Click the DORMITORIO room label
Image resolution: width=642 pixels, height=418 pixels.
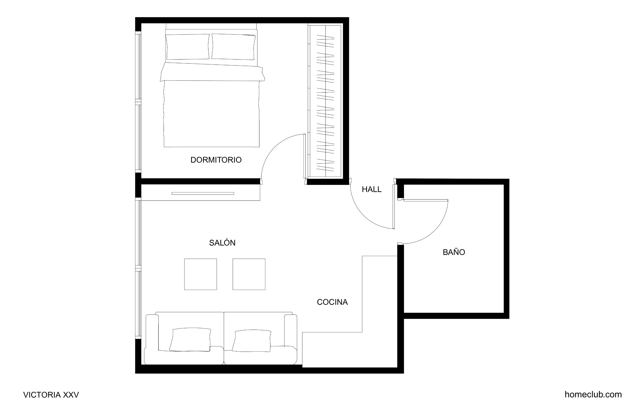(216, 160)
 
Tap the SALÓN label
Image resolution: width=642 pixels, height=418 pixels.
(222, 243)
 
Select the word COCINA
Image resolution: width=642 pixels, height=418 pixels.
(332, 302)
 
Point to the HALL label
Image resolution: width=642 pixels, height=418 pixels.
(372, 189)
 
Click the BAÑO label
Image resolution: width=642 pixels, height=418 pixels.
(454, 252)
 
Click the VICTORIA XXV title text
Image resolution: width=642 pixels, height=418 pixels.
(51, 395)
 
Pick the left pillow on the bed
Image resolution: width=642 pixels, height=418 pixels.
(187, 47)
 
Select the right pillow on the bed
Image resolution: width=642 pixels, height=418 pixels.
(233, 47)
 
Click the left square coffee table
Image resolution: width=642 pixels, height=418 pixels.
(200, 274)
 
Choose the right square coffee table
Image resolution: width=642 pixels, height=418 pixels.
(249, 274)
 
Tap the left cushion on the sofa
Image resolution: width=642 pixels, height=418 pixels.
(190, 339)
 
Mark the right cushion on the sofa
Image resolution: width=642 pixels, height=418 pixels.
(251, 341)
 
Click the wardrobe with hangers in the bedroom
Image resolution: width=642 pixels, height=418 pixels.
(325, 101)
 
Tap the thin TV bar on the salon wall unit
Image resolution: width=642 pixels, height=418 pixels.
(203, 193)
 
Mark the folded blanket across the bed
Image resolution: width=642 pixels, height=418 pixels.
(212, 72)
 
